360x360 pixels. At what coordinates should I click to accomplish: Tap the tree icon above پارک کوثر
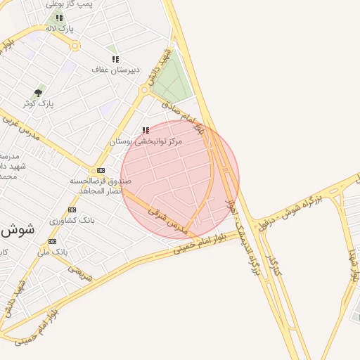pos(38,93)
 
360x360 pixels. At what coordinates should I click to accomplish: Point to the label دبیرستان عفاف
pos(116,70)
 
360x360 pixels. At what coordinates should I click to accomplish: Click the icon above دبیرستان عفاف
pos(115,59)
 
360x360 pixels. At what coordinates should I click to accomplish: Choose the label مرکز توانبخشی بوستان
pos(146,141)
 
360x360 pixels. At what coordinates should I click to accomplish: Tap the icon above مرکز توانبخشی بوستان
pos(146,131)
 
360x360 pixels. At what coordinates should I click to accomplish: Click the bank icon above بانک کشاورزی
pos(72,210)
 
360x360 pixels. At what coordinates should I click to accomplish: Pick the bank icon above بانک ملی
pos(53,240)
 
